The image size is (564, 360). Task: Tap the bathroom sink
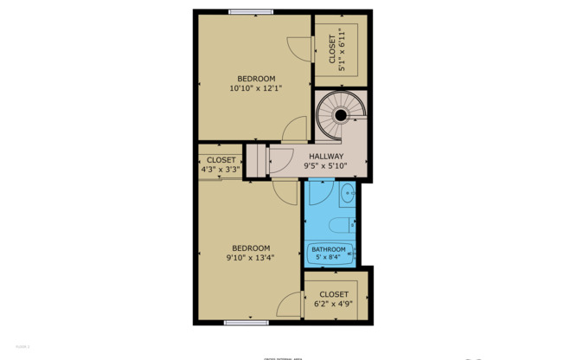[x=346, y=192]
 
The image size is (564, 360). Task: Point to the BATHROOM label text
[x=329, y=250]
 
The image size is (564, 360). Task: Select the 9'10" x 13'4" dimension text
[x=250, y=257]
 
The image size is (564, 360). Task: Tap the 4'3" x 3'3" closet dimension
[x=221, y=170]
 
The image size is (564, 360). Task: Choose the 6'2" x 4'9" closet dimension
[x=334, y=304]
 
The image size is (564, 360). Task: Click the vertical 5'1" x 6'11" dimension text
[x=342, y=46]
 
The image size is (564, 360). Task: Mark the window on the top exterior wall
[x=251, y=11]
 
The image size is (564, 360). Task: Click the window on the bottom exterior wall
[x=246, y=323]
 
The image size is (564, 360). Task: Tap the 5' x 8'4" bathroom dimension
[x=329, y=257]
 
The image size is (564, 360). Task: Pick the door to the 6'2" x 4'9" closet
[x=291, y=305]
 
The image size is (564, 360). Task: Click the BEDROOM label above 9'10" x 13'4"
[x=250, y=247]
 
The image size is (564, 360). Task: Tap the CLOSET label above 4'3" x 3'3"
[x=221, y=160]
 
